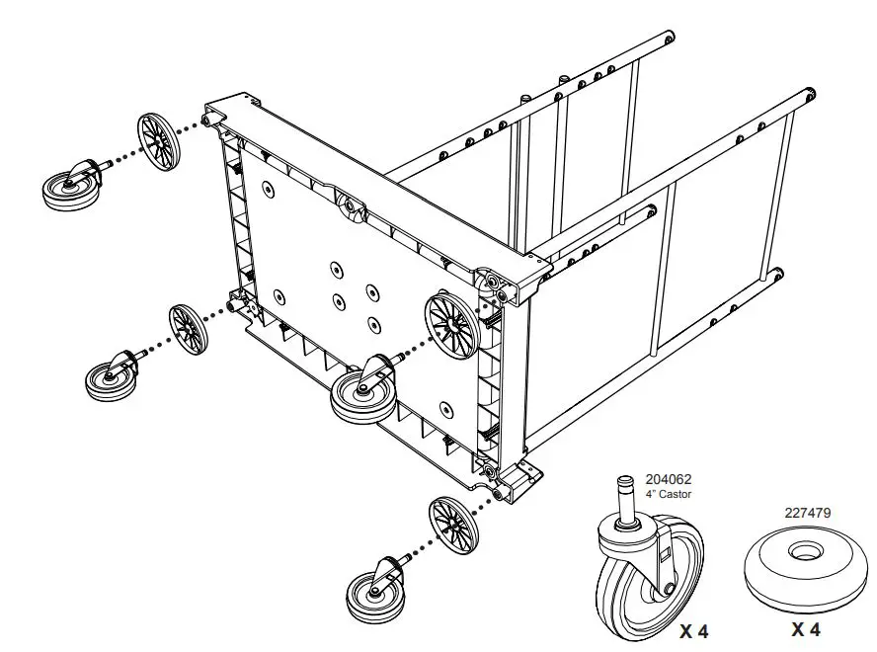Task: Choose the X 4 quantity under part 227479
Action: tap(807, 629)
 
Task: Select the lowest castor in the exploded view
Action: tap(374, 589)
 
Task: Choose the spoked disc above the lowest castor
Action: tap(453, 525)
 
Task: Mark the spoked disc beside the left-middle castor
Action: tap(188, 330)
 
